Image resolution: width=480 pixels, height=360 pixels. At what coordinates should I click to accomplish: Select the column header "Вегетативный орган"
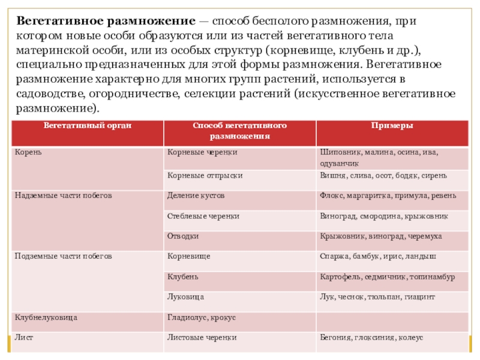click(88, 126)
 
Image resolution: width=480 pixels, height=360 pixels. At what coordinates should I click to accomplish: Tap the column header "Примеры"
click(392, 126)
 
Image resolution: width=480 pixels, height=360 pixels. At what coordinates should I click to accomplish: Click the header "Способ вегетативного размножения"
click(239, 131)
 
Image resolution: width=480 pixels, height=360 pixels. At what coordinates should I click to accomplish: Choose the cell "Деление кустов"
click(196, 196)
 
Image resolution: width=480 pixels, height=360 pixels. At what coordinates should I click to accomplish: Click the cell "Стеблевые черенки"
click(203, 216)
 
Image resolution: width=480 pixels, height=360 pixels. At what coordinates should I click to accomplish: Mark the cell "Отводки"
click(183, 236)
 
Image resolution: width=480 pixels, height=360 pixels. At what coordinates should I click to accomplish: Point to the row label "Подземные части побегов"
click(63, 256)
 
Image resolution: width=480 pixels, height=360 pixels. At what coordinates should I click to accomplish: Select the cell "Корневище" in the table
click(189, 256)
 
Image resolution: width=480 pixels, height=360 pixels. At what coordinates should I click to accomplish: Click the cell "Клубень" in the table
click(183, 277)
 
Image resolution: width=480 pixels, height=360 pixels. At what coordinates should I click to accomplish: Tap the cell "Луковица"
click(186, 297)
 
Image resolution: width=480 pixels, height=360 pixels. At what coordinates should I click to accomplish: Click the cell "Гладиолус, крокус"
click(202, 317)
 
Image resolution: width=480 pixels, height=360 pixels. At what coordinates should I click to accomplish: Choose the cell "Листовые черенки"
click(202, 338)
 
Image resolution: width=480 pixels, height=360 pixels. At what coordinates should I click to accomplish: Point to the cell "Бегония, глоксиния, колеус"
click(371, 338)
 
